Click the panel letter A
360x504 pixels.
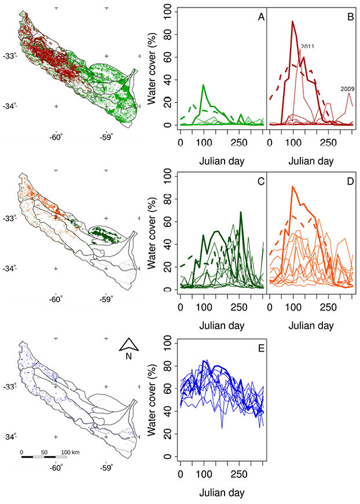point(261,17)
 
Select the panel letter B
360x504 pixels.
point(350,17)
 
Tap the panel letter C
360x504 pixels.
point(261,181)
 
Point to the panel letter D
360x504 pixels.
point(350,181)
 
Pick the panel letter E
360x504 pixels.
point(261,348)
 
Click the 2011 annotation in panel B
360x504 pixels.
point(307,46)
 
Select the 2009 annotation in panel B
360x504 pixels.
point(347,89)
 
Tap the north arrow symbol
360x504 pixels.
point(128,344)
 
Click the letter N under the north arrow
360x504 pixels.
point(128,356)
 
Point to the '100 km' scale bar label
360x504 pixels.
point(70,452)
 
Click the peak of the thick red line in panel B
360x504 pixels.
point(292,21)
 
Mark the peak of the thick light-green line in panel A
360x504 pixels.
point(203,85)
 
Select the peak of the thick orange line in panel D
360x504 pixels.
point(292,186)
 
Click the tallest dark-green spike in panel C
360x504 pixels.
point(241,212)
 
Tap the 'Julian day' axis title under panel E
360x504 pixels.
point(222,493)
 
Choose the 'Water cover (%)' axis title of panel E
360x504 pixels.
point(152,400)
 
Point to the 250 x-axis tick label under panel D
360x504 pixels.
point(328,307)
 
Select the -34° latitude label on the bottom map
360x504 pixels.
point(10,437)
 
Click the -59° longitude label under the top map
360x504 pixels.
point(106,137)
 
